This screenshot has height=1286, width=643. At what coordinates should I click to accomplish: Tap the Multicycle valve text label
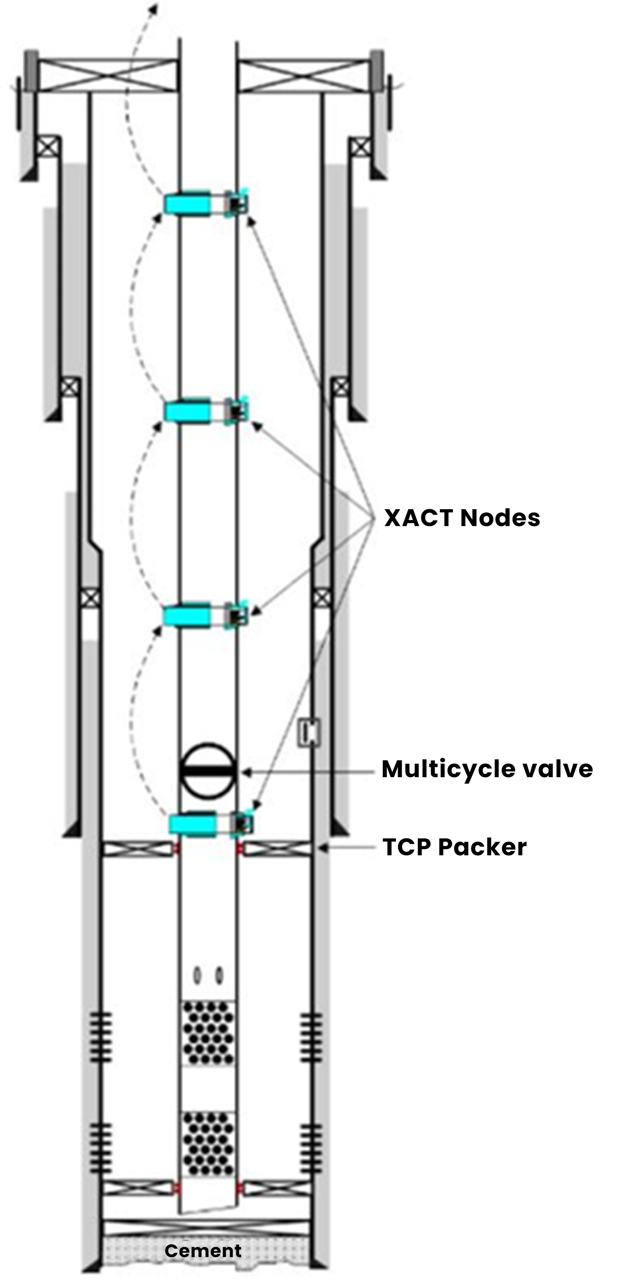[487, 769]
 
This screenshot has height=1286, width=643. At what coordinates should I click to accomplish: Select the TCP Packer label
[454, 847]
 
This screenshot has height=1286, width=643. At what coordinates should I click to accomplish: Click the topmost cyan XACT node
[188, 203]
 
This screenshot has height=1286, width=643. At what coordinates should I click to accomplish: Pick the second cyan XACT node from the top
[188, 411]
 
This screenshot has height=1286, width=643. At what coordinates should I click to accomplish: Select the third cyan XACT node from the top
[188, 615]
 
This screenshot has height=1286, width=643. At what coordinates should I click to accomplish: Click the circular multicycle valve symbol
[207, 770]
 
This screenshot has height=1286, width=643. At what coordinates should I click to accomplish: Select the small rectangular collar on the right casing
[309, 732]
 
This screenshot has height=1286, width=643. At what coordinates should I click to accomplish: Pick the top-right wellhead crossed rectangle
[303, 75]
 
